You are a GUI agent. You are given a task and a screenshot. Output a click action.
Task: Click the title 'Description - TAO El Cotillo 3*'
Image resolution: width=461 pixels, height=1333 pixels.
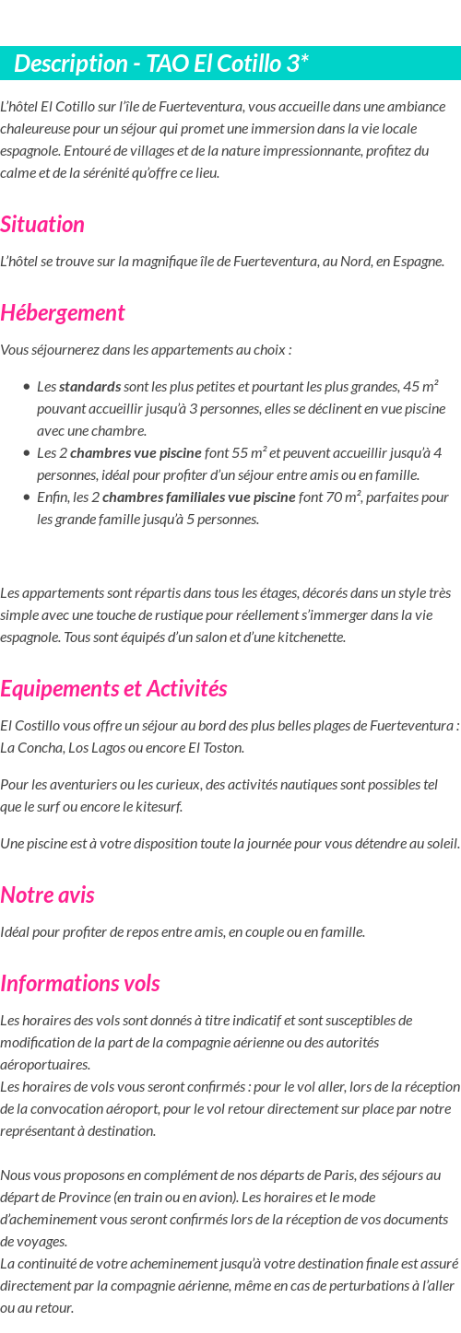161,64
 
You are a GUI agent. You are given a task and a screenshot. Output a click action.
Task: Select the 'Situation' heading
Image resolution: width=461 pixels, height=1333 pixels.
42,224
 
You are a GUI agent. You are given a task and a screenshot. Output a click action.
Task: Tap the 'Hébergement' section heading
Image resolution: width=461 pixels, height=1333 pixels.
63,312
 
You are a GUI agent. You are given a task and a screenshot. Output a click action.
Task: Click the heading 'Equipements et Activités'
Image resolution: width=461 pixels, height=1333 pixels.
113,688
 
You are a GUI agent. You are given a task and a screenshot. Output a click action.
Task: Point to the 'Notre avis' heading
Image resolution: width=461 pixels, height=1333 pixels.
47,895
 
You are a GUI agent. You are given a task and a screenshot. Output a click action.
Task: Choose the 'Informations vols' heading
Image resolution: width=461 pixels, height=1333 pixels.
80,983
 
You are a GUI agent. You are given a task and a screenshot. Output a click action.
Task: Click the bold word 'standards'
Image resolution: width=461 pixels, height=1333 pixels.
89,386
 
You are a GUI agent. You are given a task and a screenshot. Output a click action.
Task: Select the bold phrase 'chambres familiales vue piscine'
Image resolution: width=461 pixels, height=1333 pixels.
199,497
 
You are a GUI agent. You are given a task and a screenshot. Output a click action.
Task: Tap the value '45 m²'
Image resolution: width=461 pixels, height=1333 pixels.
420,386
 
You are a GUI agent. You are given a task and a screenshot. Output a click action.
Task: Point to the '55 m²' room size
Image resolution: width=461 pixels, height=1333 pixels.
249,452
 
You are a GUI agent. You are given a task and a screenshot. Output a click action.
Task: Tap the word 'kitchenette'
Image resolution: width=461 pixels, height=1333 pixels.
313,637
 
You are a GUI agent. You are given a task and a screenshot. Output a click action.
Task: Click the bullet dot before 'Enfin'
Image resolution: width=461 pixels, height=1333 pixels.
28,497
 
